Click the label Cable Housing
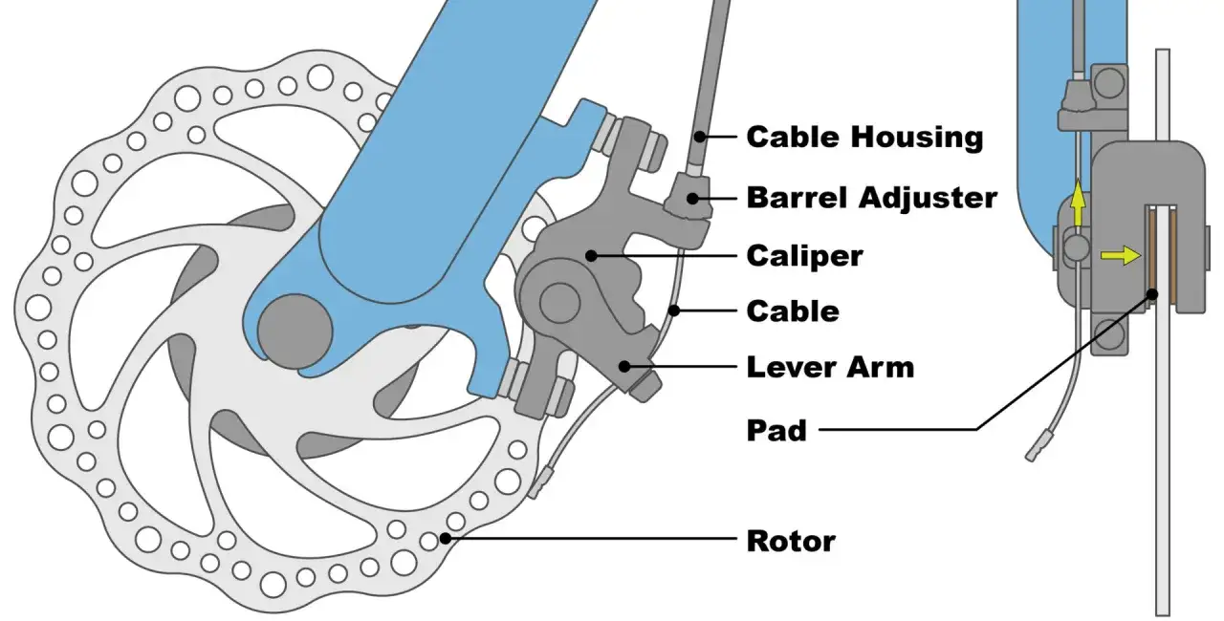coord(863,137)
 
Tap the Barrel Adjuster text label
coord(871,198)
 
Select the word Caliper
coord(804,255)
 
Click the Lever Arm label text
coord(829,366)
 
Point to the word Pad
coord(776,431)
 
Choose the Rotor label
coord(790,541)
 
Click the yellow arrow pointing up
coord(1078,203)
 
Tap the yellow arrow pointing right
coord(1120,255)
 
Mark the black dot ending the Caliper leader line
coord(592,255)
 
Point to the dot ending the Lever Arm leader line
coord(624,365)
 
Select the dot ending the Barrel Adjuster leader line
coord(702,199)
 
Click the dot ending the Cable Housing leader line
coord(701,137)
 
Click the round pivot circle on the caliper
coord(554,301)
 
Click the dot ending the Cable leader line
coord(674,310)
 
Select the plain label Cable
coord(792,310)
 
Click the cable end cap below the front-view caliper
coord(539,482)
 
